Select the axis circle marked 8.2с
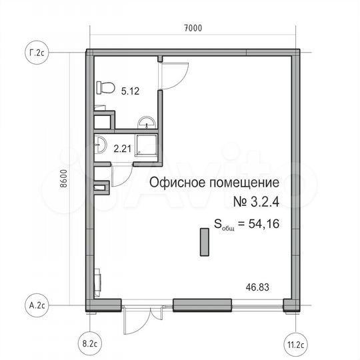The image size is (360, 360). pos(89,345)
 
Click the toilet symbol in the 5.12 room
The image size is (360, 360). pos(103,87)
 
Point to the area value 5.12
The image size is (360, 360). pos(131,93)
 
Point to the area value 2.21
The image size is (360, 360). pos(122,149)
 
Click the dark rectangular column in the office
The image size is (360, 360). pos(203,241)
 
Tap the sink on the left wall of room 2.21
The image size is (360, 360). pos(99,145)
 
